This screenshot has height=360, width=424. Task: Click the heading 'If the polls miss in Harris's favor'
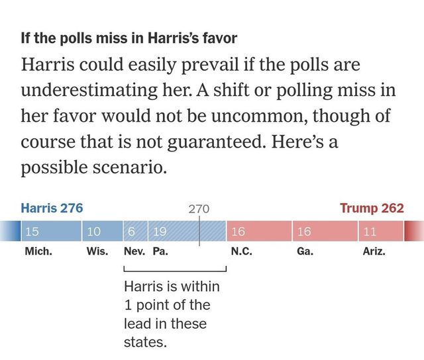[129, 38]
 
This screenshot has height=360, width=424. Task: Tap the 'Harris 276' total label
[52, 208]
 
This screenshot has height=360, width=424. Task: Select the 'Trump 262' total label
[372, 208]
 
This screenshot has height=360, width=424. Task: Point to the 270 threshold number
[199, 209]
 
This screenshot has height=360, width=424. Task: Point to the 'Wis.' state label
[97, 252]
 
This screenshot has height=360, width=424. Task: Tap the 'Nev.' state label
[134, 252]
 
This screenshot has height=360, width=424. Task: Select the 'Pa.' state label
[161, 252]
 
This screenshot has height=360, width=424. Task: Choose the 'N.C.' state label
[240, 252]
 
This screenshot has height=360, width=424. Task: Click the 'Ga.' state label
[305, 252]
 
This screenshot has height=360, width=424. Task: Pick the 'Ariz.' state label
[374, 252]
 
